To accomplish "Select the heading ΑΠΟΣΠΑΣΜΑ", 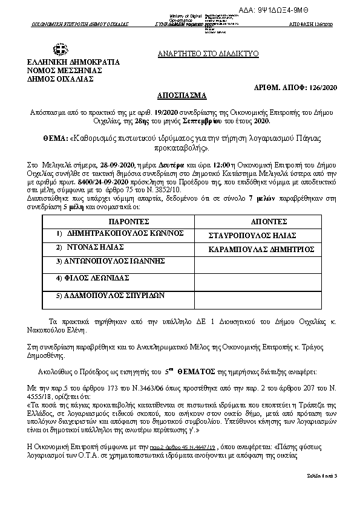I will click(x=181, y=96).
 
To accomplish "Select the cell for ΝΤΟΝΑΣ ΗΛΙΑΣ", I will click(x=90, y=247).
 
